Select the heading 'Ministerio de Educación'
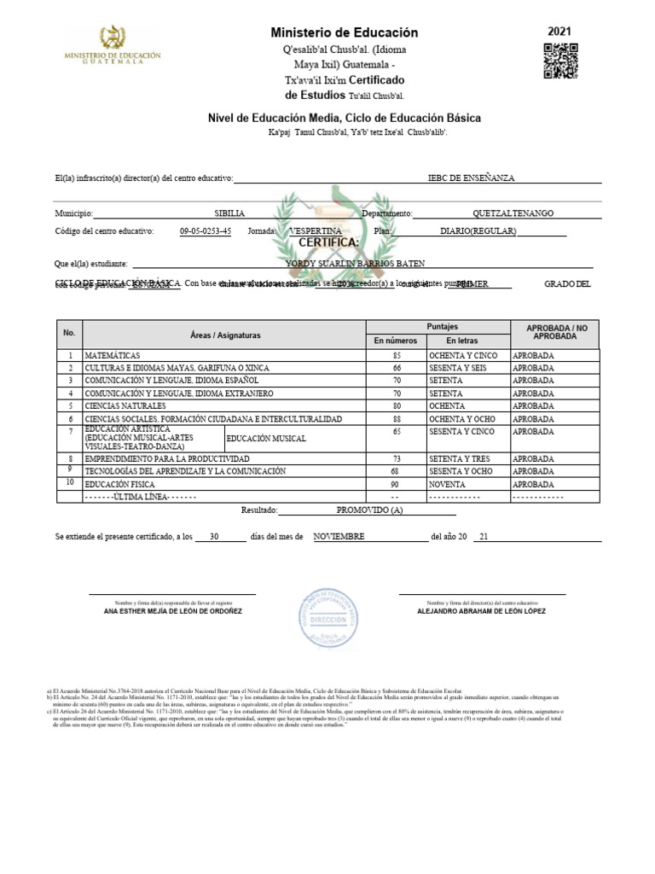[345, 32]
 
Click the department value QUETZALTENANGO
[513, 213]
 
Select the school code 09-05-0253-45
[206, 231]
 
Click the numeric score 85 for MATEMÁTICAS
[396, 354]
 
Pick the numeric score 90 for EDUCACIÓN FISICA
[396, 484]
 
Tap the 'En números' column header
[396, 341]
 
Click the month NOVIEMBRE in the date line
[339, 537]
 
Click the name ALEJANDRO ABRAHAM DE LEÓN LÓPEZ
[481, 612]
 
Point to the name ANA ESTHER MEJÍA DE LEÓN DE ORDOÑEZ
[172, 612]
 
